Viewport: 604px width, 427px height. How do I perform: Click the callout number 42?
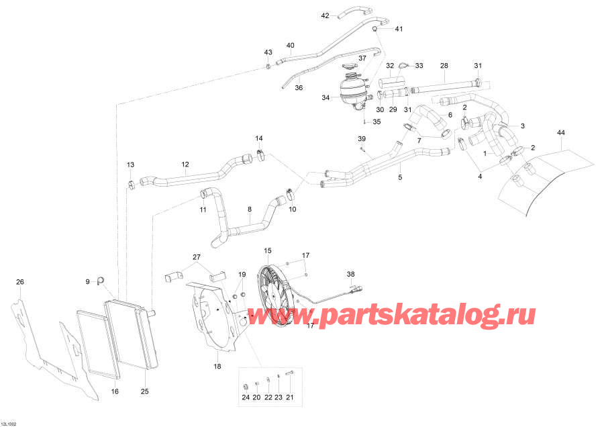click(x=325, y=15)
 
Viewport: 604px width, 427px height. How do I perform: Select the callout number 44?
click(x=561, y=133)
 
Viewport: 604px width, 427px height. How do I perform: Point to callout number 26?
click(x=19, y=281)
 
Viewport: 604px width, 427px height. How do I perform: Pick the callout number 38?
click(x=350, y=274)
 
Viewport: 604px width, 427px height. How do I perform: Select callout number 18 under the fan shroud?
click(x=217, y=366)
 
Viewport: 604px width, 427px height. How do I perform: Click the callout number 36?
click(x=299, y=87)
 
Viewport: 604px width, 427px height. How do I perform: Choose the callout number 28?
click(x=444, y=66)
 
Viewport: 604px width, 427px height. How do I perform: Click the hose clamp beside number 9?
click(x=102, y=280)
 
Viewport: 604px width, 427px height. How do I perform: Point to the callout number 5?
click(x=400, y=178)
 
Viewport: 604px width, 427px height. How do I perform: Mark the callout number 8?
click(x=250, y=209)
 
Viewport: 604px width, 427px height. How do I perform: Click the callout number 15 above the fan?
click(x=267, y=250)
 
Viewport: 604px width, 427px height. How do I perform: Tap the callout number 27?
click(x=197, y=257)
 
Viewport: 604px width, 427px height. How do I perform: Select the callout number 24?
click(x=246, y=397)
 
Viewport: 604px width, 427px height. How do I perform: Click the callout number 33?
click(x=419, y=66)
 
